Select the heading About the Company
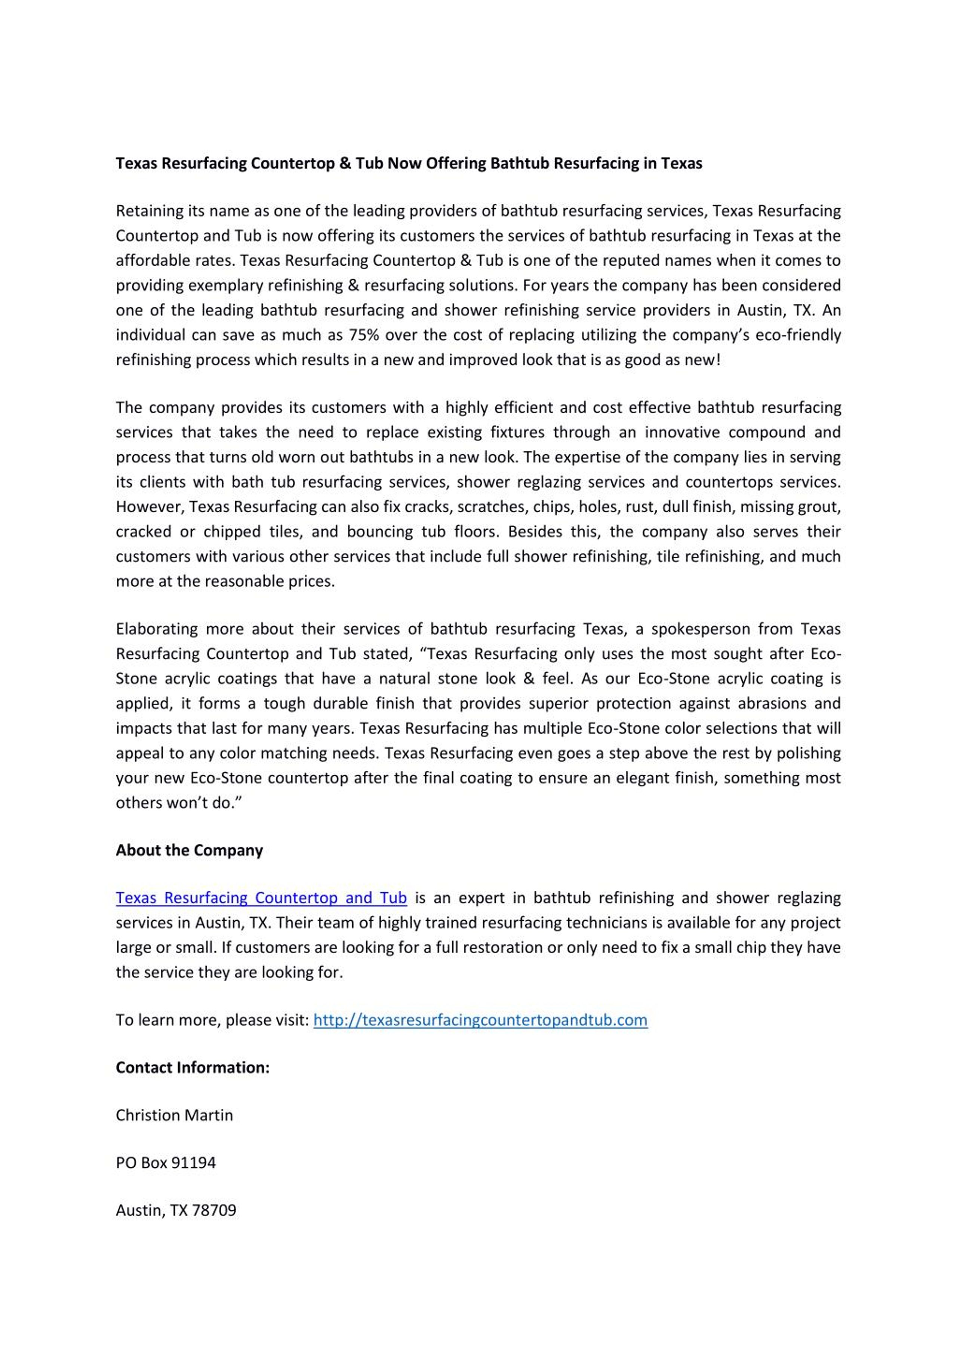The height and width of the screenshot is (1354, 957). point(189,850)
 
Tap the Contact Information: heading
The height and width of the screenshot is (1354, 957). point(192,1068)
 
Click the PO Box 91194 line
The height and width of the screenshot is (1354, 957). point(166,1162)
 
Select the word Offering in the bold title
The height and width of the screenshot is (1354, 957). point(455,163)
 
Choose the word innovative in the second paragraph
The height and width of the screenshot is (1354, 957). point(681,432)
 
